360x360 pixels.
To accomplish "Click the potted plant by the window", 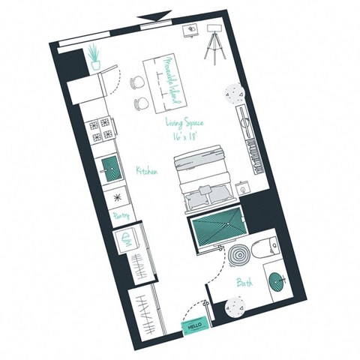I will coord(94,57).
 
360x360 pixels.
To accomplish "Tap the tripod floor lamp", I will coord(214,42).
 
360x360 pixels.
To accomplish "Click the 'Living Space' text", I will coord(184,122).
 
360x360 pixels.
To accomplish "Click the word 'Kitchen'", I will coord(145,172).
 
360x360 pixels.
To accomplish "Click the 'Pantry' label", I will coord(121,215).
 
